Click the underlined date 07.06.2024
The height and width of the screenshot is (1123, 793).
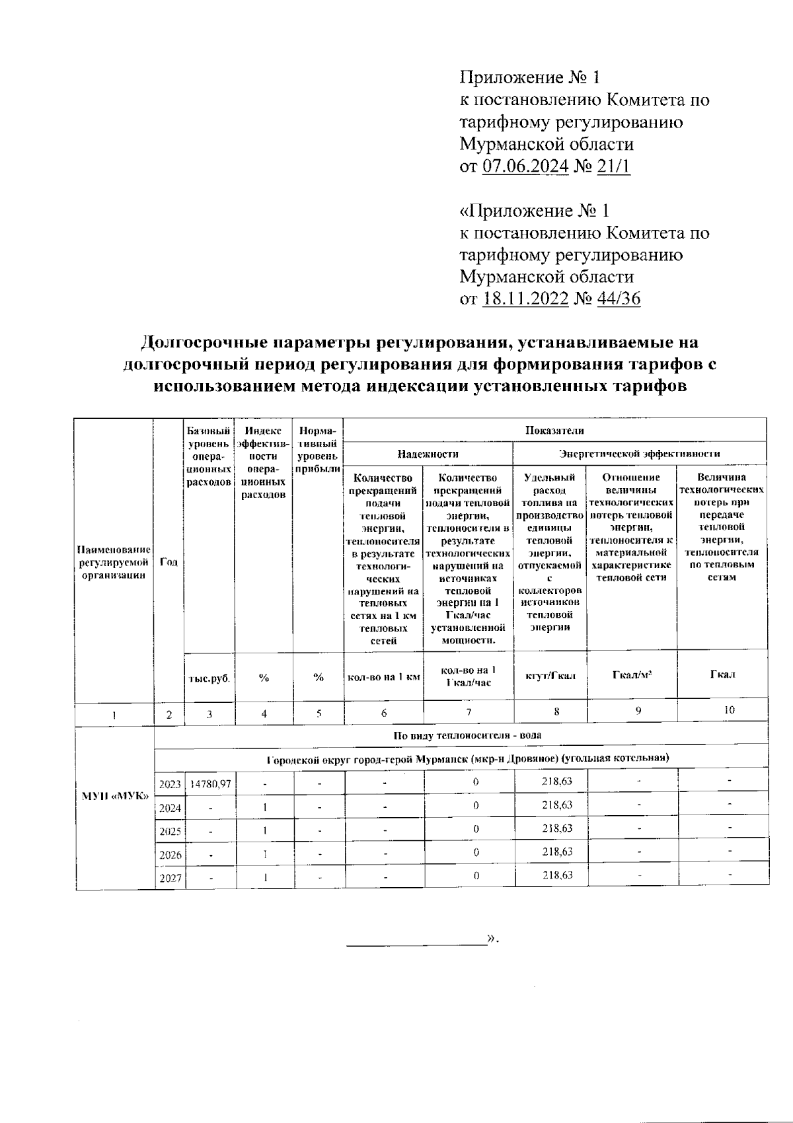tap(525, 166)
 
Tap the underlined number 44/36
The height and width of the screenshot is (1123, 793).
tap(619, 299)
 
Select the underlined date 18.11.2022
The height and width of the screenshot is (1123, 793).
tap(525, 299)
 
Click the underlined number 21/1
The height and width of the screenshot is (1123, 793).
tap(614, 166)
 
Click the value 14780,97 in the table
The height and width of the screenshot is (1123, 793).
tap(211, 783)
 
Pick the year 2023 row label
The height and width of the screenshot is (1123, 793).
tap(170, 784)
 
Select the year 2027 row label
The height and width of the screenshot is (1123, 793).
tap(170, 879)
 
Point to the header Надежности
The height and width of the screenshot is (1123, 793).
tap(428, 454)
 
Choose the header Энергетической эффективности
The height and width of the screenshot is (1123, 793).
tap(639, 454)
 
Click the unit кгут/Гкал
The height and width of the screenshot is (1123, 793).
tap(550, 676)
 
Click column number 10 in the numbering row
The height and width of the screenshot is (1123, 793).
tap(729, 711)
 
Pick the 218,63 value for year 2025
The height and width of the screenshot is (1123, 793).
tap(557, 828)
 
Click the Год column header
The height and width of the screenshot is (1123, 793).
tap(169, 562)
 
